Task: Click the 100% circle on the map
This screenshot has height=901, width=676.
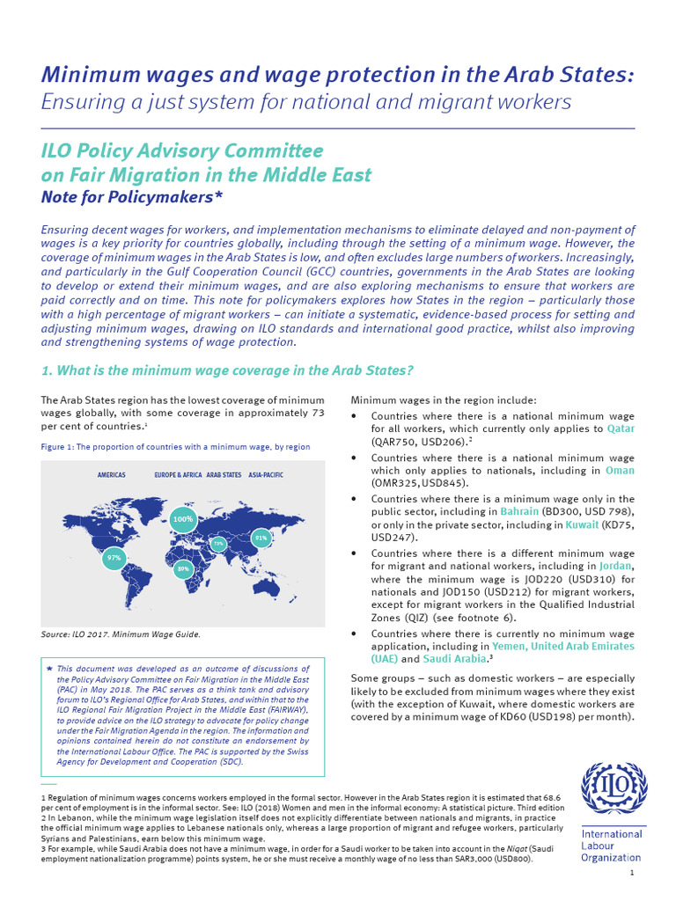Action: [183, 519]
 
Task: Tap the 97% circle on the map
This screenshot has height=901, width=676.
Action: [114, 558]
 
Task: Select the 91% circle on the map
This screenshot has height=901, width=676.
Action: [261, 537]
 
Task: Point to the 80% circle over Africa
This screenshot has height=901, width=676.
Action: [184, 569]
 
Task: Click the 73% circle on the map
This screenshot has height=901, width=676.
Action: [218, 545]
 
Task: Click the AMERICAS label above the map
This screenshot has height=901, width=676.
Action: [111, 474]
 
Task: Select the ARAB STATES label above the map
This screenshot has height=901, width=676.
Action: [224, 474]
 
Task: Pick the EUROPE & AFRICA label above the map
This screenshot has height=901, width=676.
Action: [178, 474]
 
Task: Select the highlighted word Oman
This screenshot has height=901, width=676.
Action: [620, 470]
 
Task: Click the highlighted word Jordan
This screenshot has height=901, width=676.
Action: [616, 566]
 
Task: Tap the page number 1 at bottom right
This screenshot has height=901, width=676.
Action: [632, 872]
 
